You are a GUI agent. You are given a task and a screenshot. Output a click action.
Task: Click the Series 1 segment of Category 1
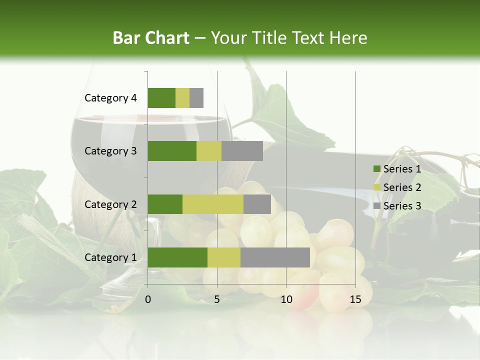[177, 257]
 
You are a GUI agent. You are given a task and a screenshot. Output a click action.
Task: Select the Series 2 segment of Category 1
[224, 257]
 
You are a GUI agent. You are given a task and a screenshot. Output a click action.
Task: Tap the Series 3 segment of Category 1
[275, 257]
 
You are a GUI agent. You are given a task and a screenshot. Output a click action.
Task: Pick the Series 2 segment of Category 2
[213, 204]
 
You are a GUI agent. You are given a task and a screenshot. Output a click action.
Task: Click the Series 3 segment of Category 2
[257, 204]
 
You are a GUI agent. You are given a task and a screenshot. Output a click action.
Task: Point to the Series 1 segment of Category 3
[172, 151]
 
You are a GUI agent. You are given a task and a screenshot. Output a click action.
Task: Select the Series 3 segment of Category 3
[242, 151]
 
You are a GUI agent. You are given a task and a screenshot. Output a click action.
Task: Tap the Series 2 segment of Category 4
[182, 98]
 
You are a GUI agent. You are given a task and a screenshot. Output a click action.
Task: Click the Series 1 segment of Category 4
[161, 98]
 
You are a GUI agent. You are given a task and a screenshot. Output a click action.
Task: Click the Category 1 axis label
[110, 257]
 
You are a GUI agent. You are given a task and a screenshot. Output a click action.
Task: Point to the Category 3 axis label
[110, 151]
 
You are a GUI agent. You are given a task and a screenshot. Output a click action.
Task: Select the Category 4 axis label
[110, 98]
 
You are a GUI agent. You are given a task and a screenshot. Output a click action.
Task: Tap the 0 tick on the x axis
[148, 299]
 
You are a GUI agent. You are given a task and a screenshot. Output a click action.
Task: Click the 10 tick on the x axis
[286, 299]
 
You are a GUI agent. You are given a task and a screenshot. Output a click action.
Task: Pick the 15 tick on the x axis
[355, 299]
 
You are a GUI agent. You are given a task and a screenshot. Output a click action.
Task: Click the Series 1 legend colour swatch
[376, 169]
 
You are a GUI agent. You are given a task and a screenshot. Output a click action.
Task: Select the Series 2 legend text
[402, 187]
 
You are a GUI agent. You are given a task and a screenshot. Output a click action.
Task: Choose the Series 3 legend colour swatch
[376, 206]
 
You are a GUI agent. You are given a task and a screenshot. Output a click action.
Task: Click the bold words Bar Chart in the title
[151, 38]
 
